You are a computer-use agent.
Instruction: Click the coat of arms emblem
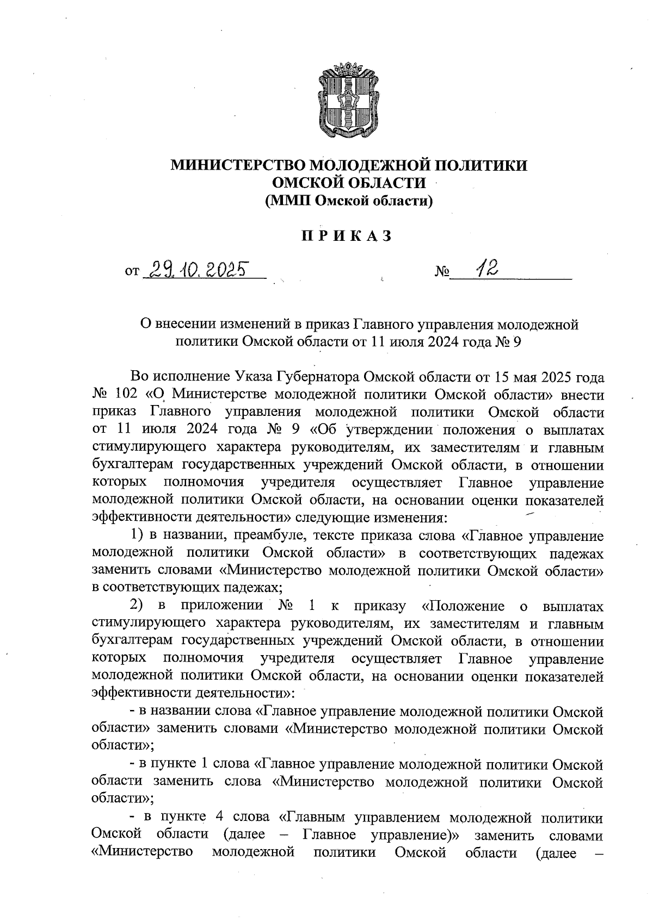pos(343,102)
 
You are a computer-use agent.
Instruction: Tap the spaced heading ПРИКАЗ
pos(347,236)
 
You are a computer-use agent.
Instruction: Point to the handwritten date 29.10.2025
pos(199,269)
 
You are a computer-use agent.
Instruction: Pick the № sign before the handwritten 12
pos(441,271)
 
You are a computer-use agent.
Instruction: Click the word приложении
pos(221,606)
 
